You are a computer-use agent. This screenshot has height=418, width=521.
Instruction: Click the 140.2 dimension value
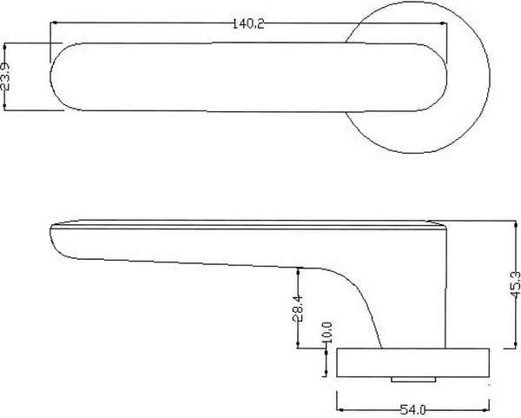click(x=247, y=24)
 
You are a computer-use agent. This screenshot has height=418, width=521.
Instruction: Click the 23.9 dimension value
click(x=7, y=76)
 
